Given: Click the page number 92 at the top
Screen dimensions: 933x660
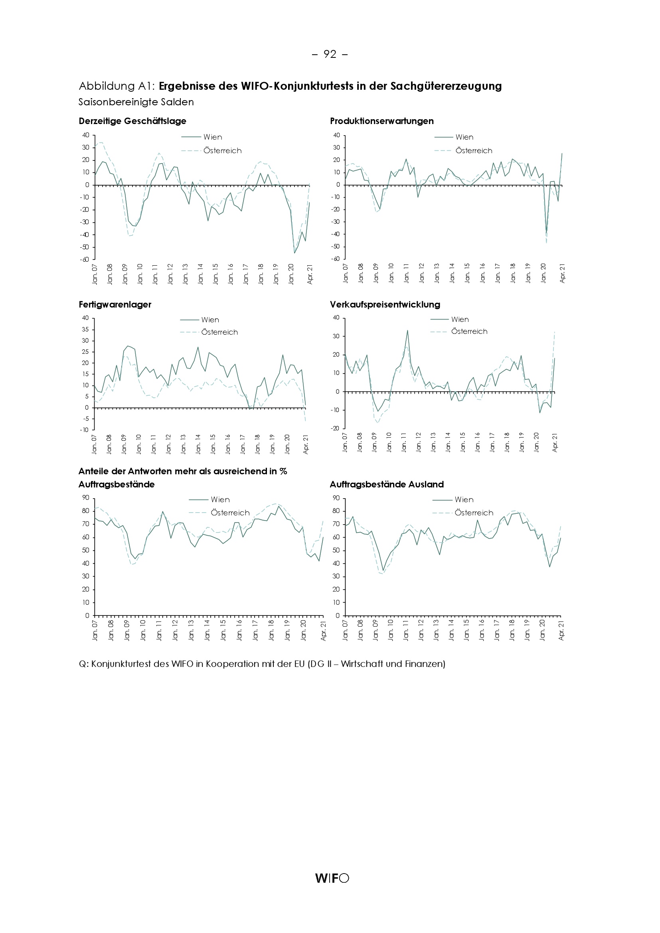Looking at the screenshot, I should pyautogui.click(x=330, y=54).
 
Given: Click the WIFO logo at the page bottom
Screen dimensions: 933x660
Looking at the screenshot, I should pyautogui.click(x=332, y=878).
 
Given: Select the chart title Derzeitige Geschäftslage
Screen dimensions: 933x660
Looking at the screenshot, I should pyautogui.click(x=132, y=121).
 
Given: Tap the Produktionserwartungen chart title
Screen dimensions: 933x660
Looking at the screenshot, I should pyautogui.click(x=381, y=121).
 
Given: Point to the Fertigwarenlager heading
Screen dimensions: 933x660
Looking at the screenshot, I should pyautogui.click(x=115, y=304).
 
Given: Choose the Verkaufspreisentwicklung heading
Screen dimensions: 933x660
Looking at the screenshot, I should pyautogui.click(x=385, y=304).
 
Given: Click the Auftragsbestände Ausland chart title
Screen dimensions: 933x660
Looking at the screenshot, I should pyautogui.click(x=387, y=484).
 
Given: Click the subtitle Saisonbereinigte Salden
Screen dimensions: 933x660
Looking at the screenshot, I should pyautogui.click(x=136, y=102).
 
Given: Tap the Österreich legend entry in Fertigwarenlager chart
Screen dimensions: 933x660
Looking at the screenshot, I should pyautogui.click(x=219, y=332).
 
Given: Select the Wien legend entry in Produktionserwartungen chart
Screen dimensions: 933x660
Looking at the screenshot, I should pyautogui.click(x=464, y=137).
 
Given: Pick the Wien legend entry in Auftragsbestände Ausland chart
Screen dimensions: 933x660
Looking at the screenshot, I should pyautogui.click(x=464, y=499).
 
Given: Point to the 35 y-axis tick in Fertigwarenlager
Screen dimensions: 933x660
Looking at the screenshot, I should pyautogui.click(x=85, y=329).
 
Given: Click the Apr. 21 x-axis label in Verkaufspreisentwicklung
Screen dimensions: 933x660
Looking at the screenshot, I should pyautogui.click(x=555, y=442).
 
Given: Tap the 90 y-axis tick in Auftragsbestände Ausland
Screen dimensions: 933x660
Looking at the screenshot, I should pyautogui.click(x=336, y=498).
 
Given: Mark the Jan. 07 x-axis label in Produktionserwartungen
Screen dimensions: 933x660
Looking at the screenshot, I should pyautogui.click(x=346, y=273).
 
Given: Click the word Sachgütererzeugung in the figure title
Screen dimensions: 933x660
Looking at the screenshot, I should pyautogui.click(x=446, y=86).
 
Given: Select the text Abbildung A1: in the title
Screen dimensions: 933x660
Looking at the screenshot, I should pyautogui.click(x=117, y=86).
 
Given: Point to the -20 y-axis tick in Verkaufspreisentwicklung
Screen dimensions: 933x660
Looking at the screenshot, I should pyautogui.click(x=335, y=428).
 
